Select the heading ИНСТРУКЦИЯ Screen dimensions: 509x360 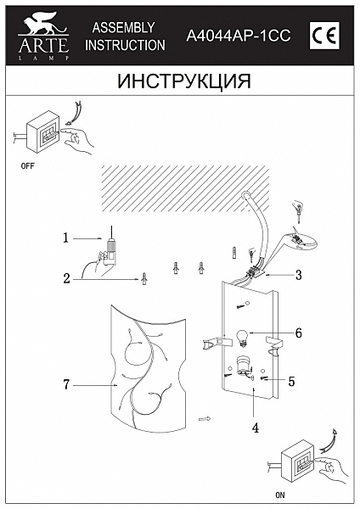[x=179, y=81]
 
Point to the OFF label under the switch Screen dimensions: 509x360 [x=27, y=168]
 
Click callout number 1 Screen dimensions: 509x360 [x=65, y=238]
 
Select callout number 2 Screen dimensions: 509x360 [x=65, y=277]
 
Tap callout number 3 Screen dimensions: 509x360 [x=299, y=275]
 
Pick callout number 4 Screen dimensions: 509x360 [x=255, y=428]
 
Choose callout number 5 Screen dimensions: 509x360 [x=291, y=382]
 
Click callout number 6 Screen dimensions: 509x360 [x=298, y=333]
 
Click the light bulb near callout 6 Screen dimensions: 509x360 [x=241, y=335]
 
